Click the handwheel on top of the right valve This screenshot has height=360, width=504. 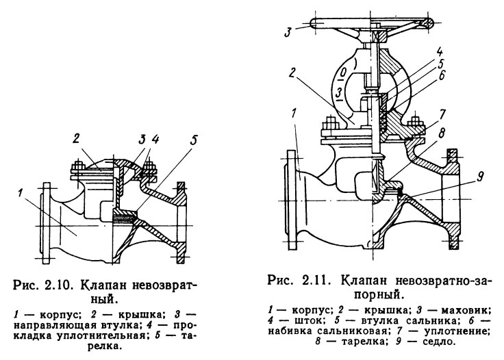[370, 25]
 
